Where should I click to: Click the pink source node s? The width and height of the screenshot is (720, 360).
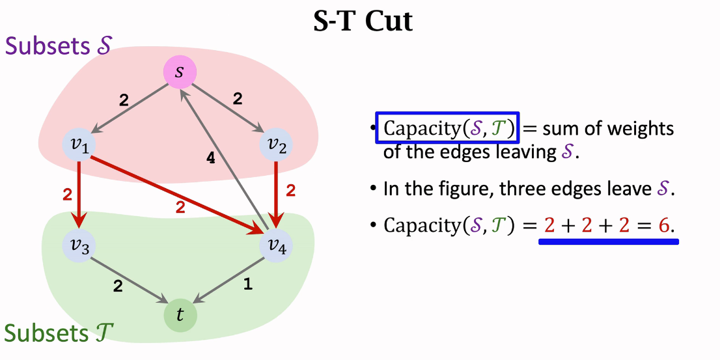pos(180,72)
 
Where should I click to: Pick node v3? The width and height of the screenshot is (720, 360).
pos(80,246)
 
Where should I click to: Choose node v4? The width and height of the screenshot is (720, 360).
pos(276,246)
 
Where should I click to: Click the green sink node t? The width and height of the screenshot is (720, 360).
pos(180,314)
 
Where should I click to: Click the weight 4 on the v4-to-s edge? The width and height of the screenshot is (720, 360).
pos(210,158)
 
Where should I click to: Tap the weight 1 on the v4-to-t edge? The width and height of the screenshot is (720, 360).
pos(247,284)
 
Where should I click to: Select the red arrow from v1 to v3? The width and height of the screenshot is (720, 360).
pos(79,195)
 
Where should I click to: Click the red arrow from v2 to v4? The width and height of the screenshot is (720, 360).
pos(277,195)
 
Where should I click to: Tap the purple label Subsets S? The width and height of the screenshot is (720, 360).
pos(59,46)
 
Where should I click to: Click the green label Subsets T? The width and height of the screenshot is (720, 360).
pos(59,333)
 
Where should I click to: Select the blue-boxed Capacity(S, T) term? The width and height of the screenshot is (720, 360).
pos(447,128)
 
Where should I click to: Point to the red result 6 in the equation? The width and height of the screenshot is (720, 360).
pos(663,225)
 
